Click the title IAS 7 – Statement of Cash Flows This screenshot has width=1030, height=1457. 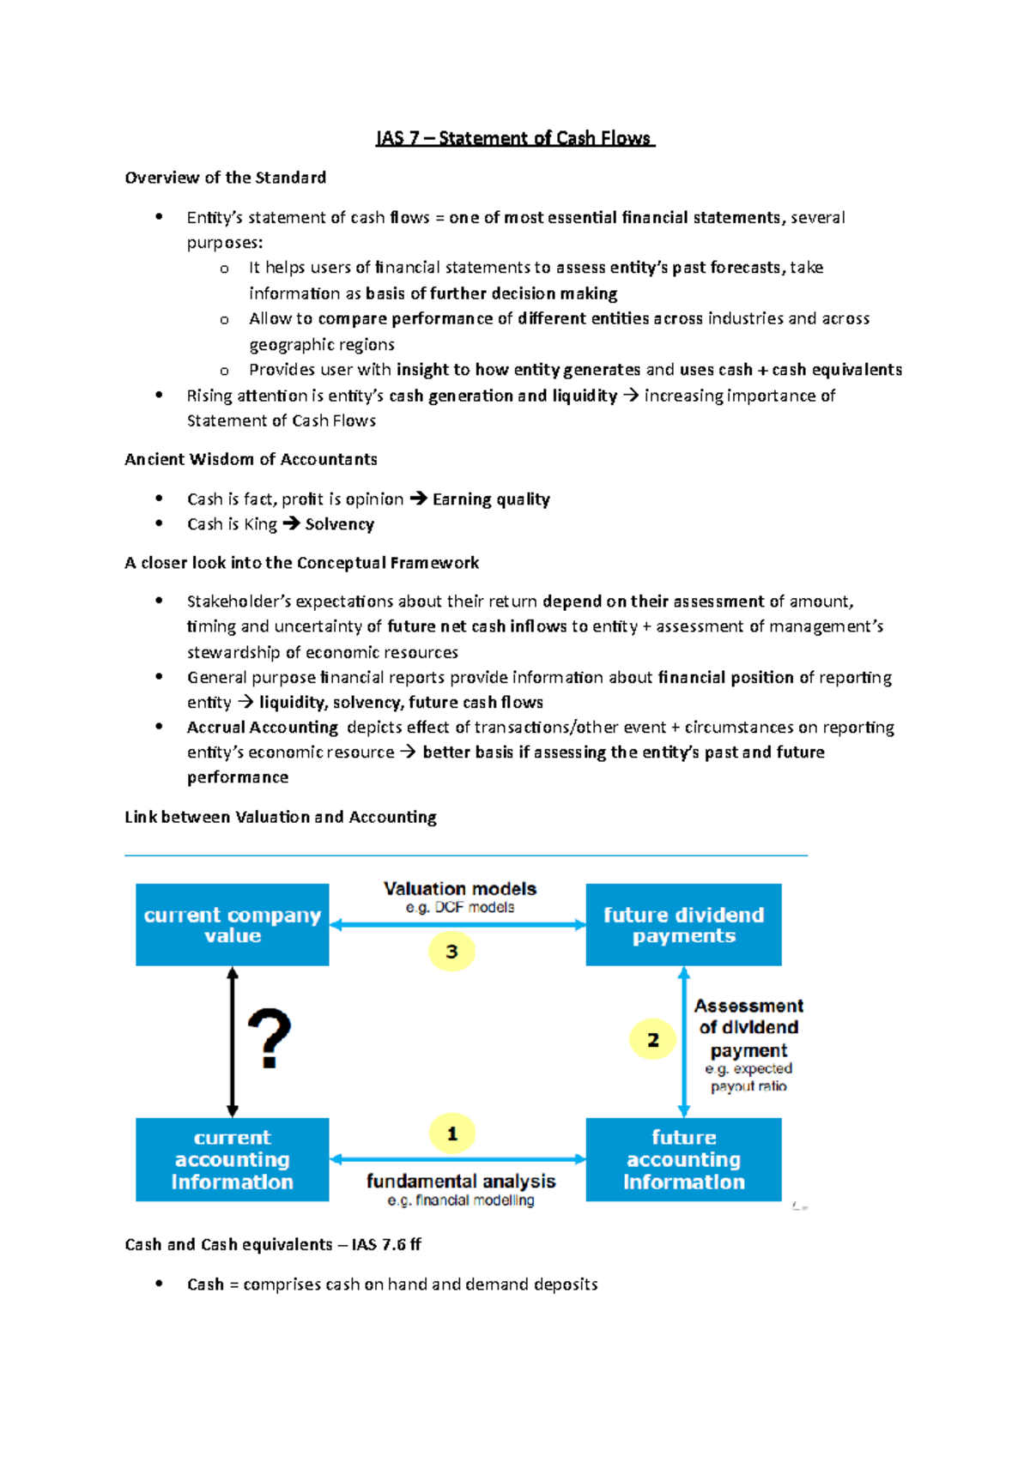tap(515, 138)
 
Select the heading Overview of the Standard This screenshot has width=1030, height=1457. tap(225, 178)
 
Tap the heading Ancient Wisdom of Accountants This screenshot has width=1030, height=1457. tap(251, 459)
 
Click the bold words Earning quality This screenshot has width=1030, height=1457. tap(491, 499)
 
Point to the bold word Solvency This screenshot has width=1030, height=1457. tap(339, 524)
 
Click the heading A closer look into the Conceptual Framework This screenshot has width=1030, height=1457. tap(301, 563)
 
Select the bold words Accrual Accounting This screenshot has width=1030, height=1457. tap(263, 728)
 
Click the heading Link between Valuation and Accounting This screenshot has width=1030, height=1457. tap(280, 817)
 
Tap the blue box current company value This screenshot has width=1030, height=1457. tap(232, 925)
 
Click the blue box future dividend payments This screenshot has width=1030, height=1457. tap(683, 925)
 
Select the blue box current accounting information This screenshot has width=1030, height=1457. tap(232, 1159)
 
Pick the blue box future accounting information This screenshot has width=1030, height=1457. tap(683, 1159)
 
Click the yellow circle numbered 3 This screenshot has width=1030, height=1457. tap(451, 952)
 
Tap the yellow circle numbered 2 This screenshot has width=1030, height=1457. tap(652, 1040)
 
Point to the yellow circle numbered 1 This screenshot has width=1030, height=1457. tap(451, 1134)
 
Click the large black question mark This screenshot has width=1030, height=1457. tap(270, 1038)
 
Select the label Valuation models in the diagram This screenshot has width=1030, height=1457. tap(460, 889)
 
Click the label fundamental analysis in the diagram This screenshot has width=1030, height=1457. tap(461, 1182)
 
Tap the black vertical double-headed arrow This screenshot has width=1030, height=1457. tap(233, 1042)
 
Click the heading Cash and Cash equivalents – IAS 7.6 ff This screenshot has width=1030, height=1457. tap(272, 1244)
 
